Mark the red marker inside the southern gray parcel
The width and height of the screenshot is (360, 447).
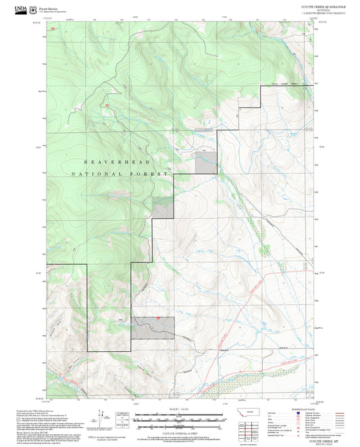pyautogui.click(x=157, y=318)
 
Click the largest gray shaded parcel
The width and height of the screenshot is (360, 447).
pyautogui.click(x=153, y=327)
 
